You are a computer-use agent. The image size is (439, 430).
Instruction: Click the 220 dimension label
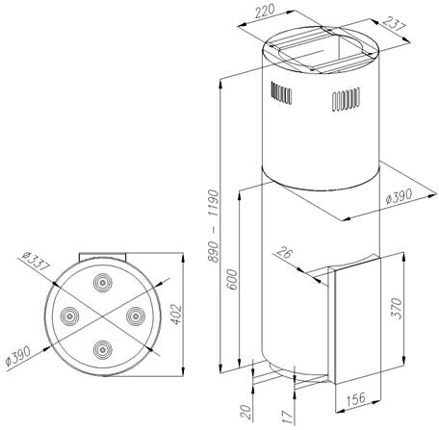265,12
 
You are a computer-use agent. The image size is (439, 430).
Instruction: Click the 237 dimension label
394,23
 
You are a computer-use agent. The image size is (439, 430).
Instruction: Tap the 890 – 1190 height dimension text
213,226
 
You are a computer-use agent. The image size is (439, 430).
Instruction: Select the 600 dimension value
233,280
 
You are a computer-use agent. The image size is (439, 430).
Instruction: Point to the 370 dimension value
397,308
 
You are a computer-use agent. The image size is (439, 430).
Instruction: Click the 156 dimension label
355,398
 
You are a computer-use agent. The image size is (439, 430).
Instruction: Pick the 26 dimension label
285,253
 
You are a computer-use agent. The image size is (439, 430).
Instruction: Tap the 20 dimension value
246,412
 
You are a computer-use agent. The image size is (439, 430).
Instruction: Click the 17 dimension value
287,417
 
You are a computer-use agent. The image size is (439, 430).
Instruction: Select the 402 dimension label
177,315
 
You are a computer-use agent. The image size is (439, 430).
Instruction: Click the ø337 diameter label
37,261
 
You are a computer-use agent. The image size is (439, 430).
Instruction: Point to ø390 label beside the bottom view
18,355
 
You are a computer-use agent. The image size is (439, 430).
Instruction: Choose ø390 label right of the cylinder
399,196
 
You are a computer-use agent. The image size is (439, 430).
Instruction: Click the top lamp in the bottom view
103,283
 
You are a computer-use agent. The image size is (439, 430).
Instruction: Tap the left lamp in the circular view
69,316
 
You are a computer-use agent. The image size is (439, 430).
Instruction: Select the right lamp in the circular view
136,316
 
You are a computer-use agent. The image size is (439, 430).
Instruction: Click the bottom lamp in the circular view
103,349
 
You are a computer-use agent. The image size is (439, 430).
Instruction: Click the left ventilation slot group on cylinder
281,92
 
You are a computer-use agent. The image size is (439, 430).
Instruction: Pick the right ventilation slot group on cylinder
346,99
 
